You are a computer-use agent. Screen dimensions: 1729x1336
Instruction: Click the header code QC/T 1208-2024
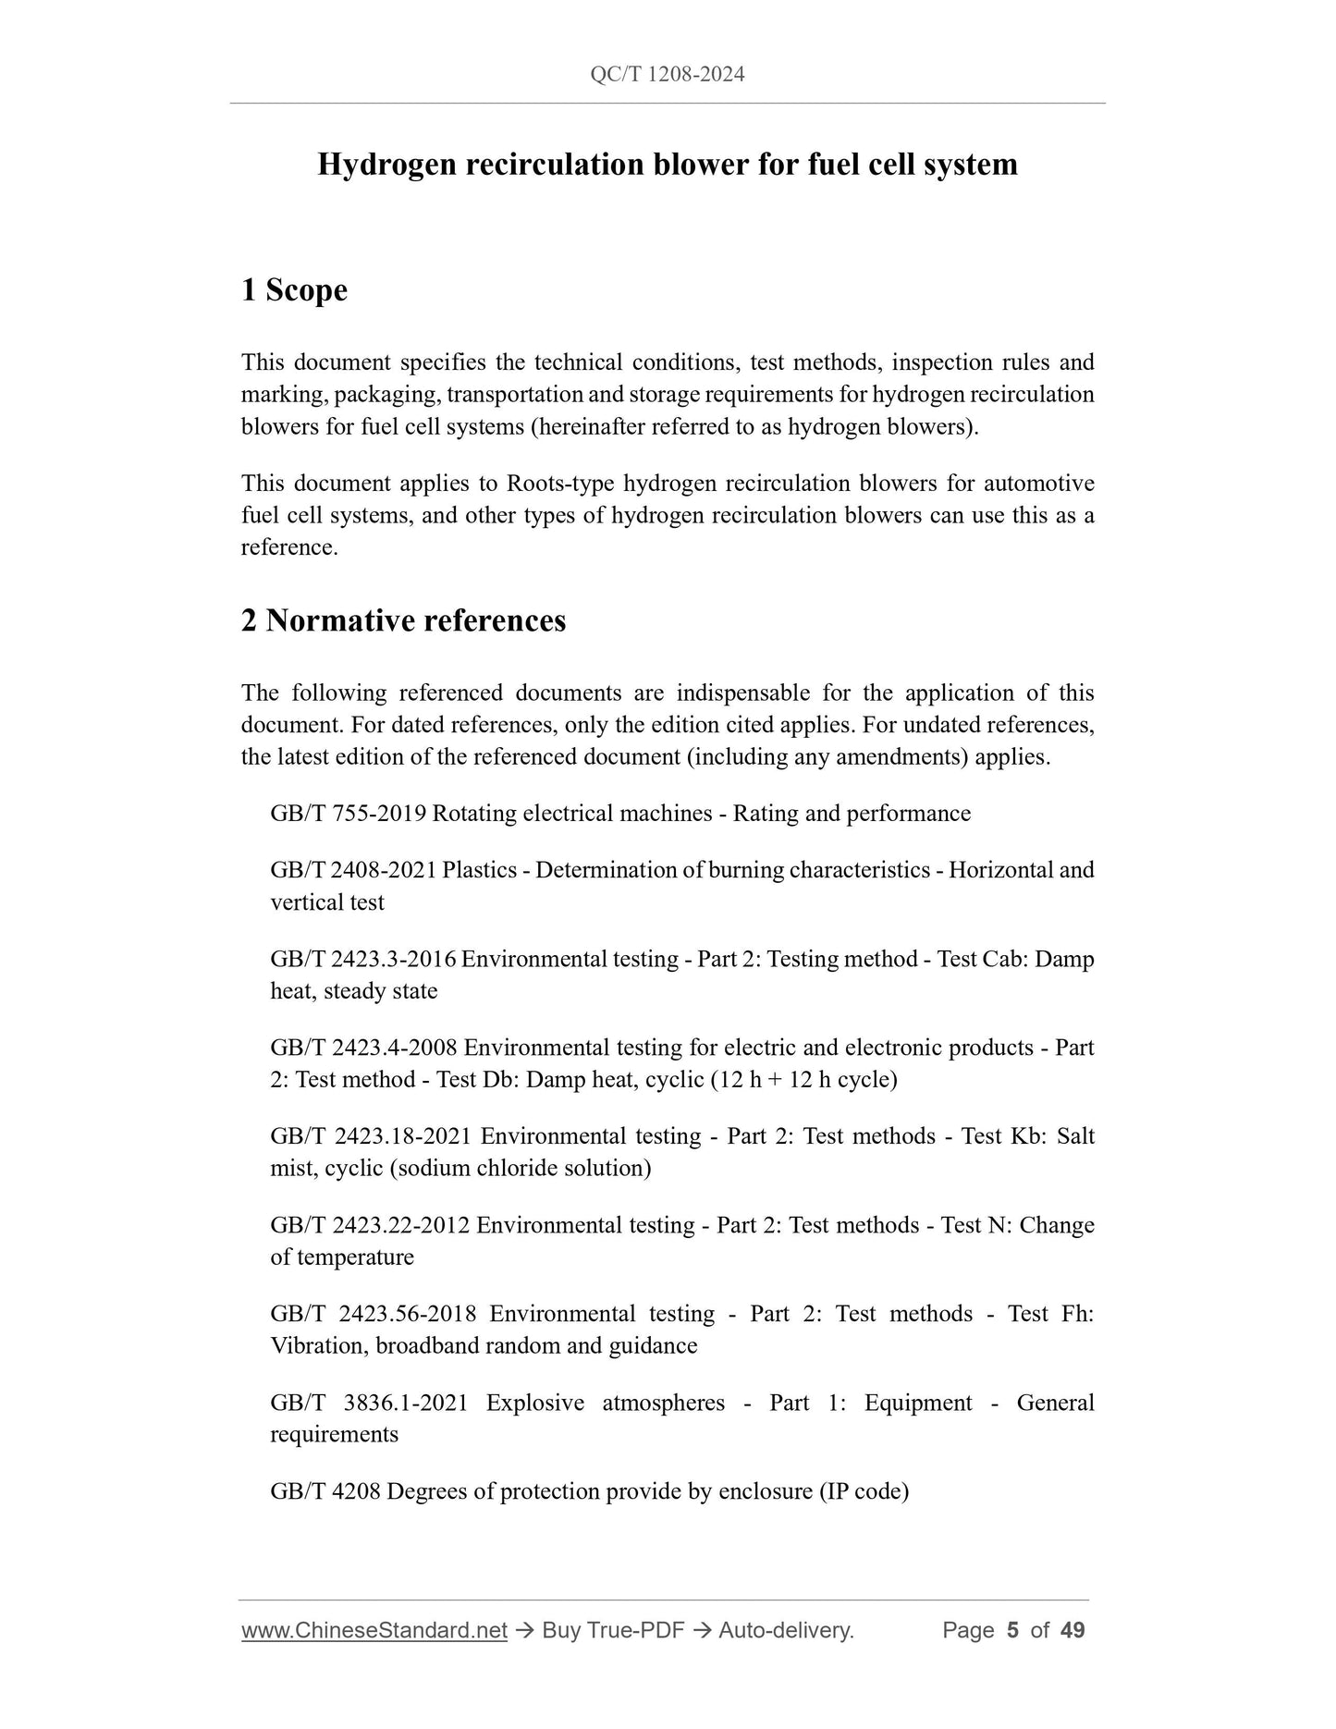click(x=667, y=75)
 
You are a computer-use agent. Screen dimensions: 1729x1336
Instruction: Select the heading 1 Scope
click(x=294, y=290)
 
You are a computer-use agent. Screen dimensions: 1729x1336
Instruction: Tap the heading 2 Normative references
click(x=403, y=620)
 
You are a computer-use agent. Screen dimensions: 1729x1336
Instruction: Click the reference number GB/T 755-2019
click(x=348, y=814)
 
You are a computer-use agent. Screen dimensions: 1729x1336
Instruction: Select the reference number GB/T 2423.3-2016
click(x=362, y=959)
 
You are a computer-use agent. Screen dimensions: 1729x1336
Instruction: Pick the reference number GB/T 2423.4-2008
click(x=363, y=1048)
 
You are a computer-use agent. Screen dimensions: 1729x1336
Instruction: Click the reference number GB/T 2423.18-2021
click(x=371, y=1136)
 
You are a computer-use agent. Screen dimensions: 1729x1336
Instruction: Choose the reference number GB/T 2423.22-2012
click(x=370, y=1225)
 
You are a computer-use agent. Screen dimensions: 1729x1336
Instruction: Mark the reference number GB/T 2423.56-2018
click(x=374, y=1314)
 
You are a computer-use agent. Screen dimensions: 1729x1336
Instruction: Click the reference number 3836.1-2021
click(x=405, y=1403)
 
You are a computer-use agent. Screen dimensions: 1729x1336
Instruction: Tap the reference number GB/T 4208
click(x=325, y=1491)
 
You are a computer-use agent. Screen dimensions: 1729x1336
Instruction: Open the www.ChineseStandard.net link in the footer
click(x=374, y=1630)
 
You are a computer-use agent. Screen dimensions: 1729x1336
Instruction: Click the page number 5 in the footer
click(x=1012, y=1630)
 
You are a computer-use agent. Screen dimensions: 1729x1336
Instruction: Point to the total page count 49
click(x=1072, y=1630)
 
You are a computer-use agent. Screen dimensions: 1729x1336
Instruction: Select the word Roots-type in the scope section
click(x=561, y=484)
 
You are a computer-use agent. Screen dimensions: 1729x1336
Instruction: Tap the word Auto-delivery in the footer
click(x=786, y=1630)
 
